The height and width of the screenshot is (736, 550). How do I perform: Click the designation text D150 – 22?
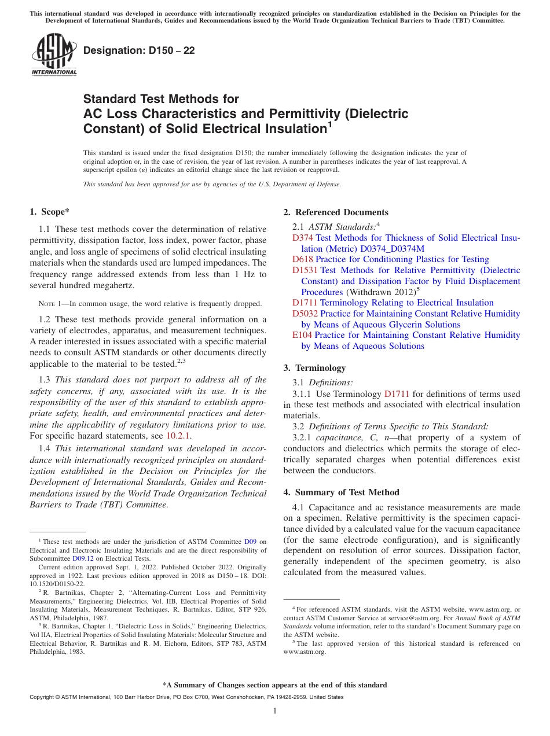139,50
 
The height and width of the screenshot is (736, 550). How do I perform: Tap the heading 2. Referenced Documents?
335,212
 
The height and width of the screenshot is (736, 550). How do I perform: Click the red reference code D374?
302,238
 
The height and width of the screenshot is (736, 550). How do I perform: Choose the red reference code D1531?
305,270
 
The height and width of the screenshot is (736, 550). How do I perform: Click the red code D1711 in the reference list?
305,303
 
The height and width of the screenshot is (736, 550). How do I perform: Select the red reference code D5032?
305,314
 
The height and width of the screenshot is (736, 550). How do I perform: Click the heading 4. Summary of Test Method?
341,492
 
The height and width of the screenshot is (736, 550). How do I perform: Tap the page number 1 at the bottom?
275,711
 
